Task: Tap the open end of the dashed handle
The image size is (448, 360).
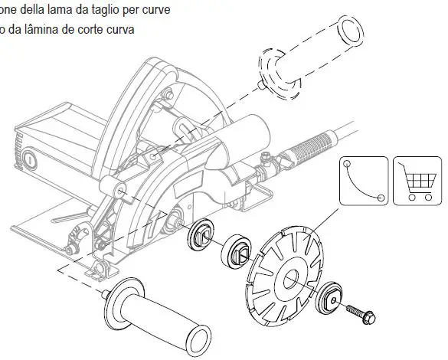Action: click(348, 34)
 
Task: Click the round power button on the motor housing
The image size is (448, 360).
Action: click(28, 160)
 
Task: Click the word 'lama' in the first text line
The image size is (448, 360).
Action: click(56, 10)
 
